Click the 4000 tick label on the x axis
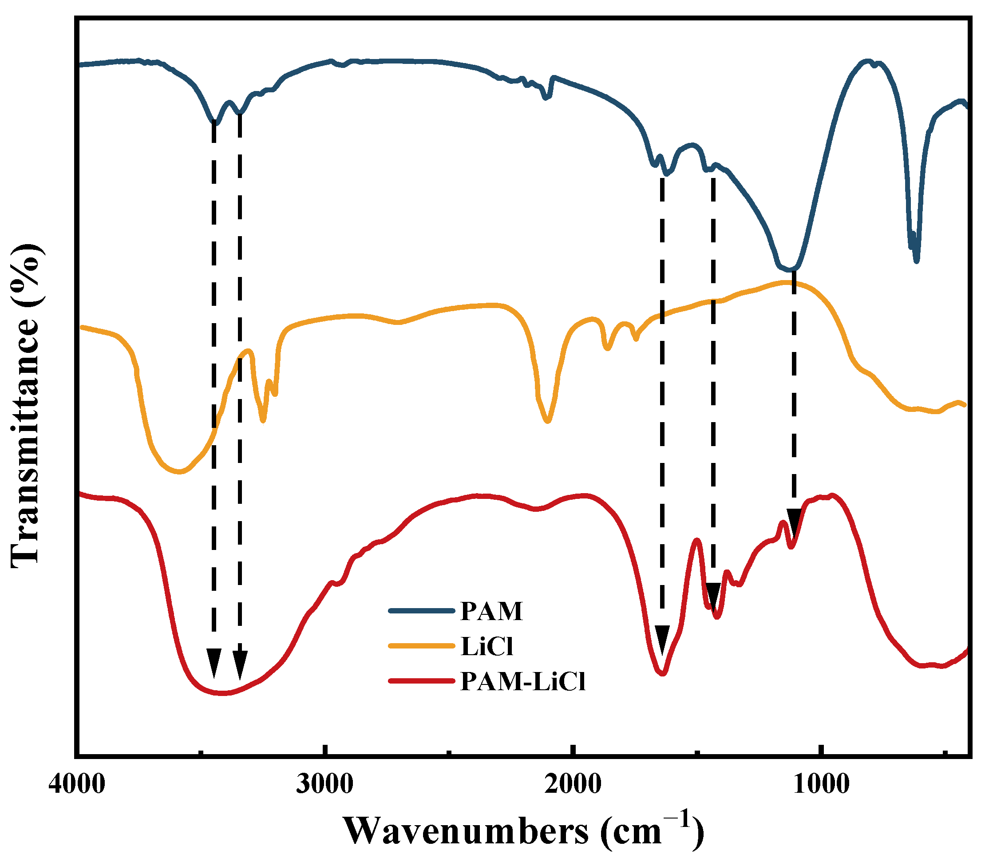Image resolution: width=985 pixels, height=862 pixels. (x=76, y=785)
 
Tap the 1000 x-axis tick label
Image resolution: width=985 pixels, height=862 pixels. (x=822, y=785)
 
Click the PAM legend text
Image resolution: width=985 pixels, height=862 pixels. (x=491, y=611)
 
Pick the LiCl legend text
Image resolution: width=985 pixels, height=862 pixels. (x=486, y=646)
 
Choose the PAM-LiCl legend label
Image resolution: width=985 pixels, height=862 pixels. (x=523, y=682)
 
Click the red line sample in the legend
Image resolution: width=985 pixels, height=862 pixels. (x=421, y=680)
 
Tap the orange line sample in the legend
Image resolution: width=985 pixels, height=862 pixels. (x=421, y=646)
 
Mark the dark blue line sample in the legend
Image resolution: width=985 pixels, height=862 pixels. (x=421, y=611)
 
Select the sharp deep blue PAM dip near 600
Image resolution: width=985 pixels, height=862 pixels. (x=916, y=260)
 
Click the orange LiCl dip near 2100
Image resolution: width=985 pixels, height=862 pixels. (x=547, y=421)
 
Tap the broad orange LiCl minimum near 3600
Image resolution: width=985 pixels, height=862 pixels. (x=179, y=472)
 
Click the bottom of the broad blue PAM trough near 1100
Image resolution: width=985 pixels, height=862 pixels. (x=789, y=269)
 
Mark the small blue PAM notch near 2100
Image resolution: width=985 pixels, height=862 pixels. (x=546, y=98)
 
